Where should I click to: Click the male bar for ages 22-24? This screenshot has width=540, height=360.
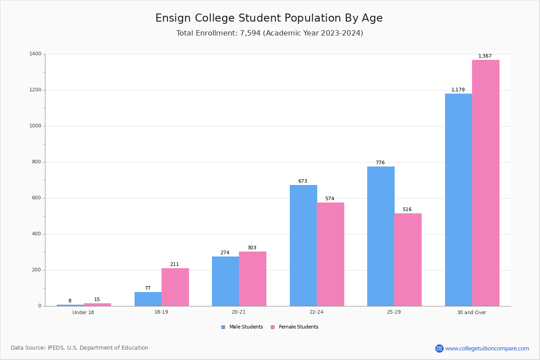coord(303,245)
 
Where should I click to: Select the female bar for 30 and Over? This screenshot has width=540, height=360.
coord(486,183)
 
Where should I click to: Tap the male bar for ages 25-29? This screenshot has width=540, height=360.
coord(381,236)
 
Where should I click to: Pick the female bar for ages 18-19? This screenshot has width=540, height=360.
coord(175,287)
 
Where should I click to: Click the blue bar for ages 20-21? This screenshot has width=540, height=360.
coord(225,281)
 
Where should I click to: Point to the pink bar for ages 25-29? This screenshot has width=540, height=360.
coord(408,260)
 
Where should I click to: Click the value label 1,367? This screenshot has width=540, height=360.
coord(485,56)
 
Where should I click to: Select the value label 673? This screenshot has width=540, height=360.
coord(302,181)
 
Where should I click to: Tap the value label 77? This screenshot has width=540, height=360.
coord(148,288)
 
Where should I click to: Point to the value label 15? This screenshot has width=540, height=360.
coord(97,300)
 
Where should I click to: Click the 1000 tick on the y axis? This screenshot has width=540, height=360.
coord(35,126)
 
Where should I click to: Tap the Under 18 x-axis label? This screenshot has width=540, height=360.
coord(83,312)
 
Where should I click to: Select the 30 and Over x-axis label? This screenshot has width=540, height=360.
coord(472,312)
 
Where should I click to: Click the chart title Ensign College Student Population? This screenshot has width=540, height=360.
coord(269,18)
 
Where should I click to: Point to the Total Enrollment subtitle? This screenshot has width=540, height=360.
coord(270,33)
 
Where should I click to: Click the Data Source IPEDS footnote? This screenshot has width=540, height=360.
coord(80,348)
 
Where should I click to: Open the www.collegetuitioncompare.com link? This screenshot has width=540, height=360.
coord(487,348)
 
